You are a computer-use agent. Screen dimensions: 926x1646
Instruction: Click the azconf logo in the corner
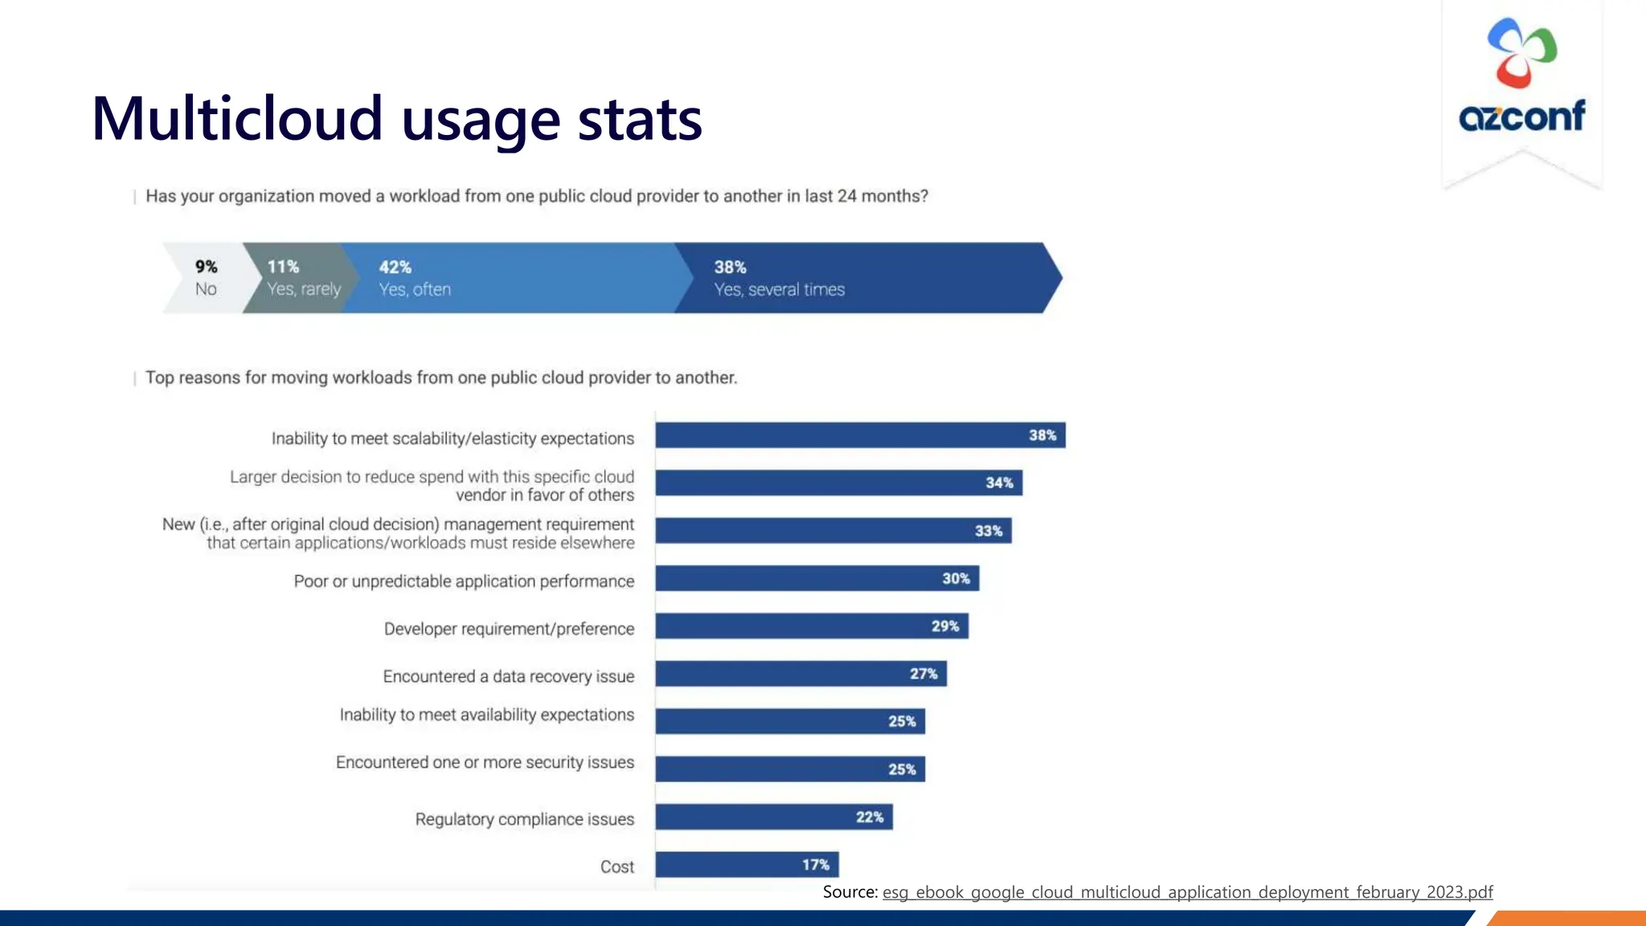point(1521,76)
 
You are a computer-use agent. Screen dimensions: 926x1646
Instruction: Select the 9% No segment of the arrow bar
point(206,278)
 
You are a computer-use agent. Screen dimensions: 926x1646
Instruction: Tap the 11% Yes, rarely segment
point(299,278)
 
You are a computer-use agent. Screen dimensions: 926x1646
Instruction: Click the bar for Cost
point(746,865)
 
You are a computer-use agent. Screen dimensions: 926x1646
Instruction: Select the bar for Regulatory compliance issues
point(773,817)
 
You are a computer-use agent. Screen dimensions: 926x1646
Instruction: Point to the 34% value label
point(999,483)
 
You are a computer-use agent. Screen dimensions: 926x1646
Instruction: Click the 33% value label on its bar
point(988,531)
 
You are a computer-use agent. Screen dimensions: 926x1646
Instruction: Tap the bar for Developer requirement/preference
point(811,626)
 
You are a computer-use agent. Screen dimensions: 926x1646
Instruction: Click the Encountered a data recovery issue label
point(508,677)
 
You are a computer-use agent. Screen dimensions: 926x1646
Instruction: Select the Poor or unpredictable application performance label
point(464,581)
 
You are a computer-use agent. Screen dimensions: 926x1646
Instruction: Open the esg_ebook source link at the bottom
point(1187,892)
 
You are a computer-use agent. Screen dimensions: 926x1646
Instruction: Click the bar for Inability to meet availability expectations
point(789,721)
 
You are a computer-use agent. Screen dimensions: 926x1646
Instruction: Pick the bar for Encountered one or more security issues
point(789,769)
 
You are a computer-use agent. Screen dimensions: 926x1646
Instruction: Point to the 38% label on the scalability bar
point(1042,436)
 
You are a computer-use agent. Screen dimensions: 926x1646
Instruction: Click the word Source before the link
point(849,892)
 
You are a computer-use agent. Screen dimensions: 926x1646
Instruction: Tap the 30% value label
point(956,579)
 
